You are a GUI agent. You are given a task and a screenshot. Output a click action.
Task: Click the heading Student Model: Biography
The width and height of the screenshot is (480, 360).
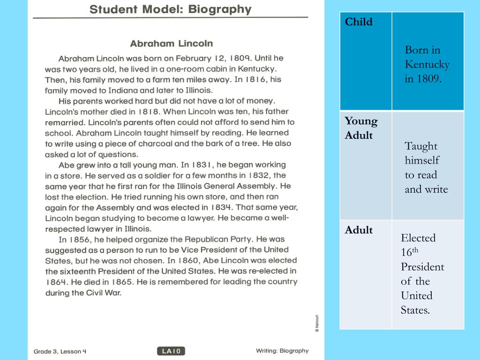(171, 9)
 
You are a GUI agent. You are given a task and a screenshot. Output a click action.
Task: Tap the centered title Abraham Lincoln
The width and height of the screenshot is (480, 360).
(171, 44)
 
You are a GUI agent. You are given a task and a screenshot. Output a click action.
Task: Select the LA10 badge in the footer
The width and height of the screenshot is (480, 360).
(171, 351)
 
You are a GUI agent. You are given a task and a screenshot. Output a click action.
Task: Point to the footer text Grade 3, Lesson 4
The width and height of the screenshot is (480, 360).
(60, 351)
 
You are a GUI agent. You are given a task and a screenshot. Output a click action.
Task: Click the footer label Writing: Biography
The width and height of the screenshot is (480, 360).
(282, 351)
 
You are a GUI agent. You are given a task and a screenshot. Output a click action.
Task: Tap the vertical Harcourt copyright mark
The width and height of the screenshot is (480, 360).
(317, 323)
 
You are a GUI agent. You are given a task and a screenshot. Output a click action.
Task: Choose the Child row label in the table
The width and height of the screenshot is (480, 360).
(359, 22)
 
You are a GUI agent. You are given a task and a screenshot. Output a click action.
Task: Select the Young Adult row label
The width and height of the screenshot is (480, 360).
(361, 128)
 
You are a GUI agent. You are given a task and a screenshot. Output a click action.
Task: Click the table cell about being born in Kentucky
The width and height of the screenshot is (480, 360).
(427, 64)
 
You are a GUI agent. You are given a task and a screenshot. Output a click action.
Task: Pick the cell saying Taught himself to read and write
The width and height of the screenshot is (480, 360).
(426, 167)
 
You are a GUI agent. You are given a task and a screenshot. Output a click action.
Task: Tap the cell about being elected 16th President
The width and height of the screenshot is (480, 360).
(422, 274)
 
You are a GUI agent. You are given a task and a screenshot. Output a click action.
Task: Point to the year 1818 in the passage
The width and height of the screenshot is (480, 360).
(150, 112)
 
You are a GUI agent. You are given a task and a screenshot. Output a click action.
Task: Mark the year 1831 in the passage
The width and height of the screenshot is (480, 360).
(202, 165)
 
